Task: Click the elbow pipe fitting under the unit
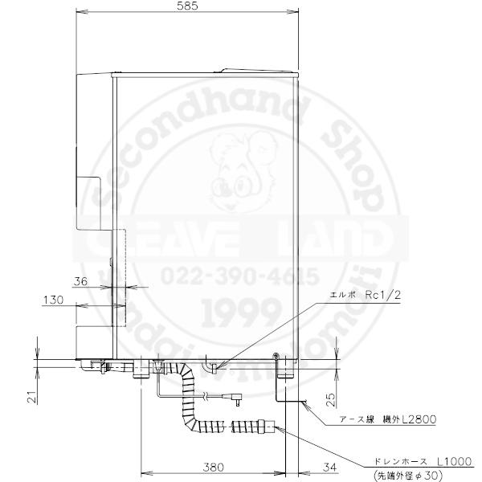click(x=213, y=366)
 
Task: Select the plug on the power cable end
click(x=238, y=396)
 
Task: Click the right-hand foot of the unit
click(x=285, y=370)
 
